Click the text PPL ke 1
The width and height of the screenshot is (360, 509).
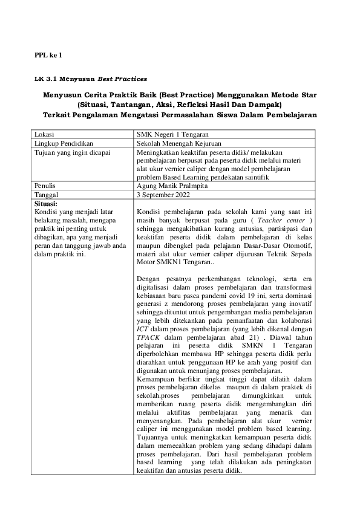48,55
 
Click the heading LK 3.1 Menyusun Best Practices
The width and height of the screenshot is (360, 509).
90,79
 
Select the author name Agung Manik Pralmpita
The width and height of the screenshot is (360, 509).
173,186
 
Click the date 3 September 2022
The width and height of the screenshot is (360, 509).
164,195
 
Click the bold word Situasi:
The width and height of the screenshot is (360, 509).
46,204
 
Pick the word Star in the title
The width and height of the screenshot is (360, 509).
309,95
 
